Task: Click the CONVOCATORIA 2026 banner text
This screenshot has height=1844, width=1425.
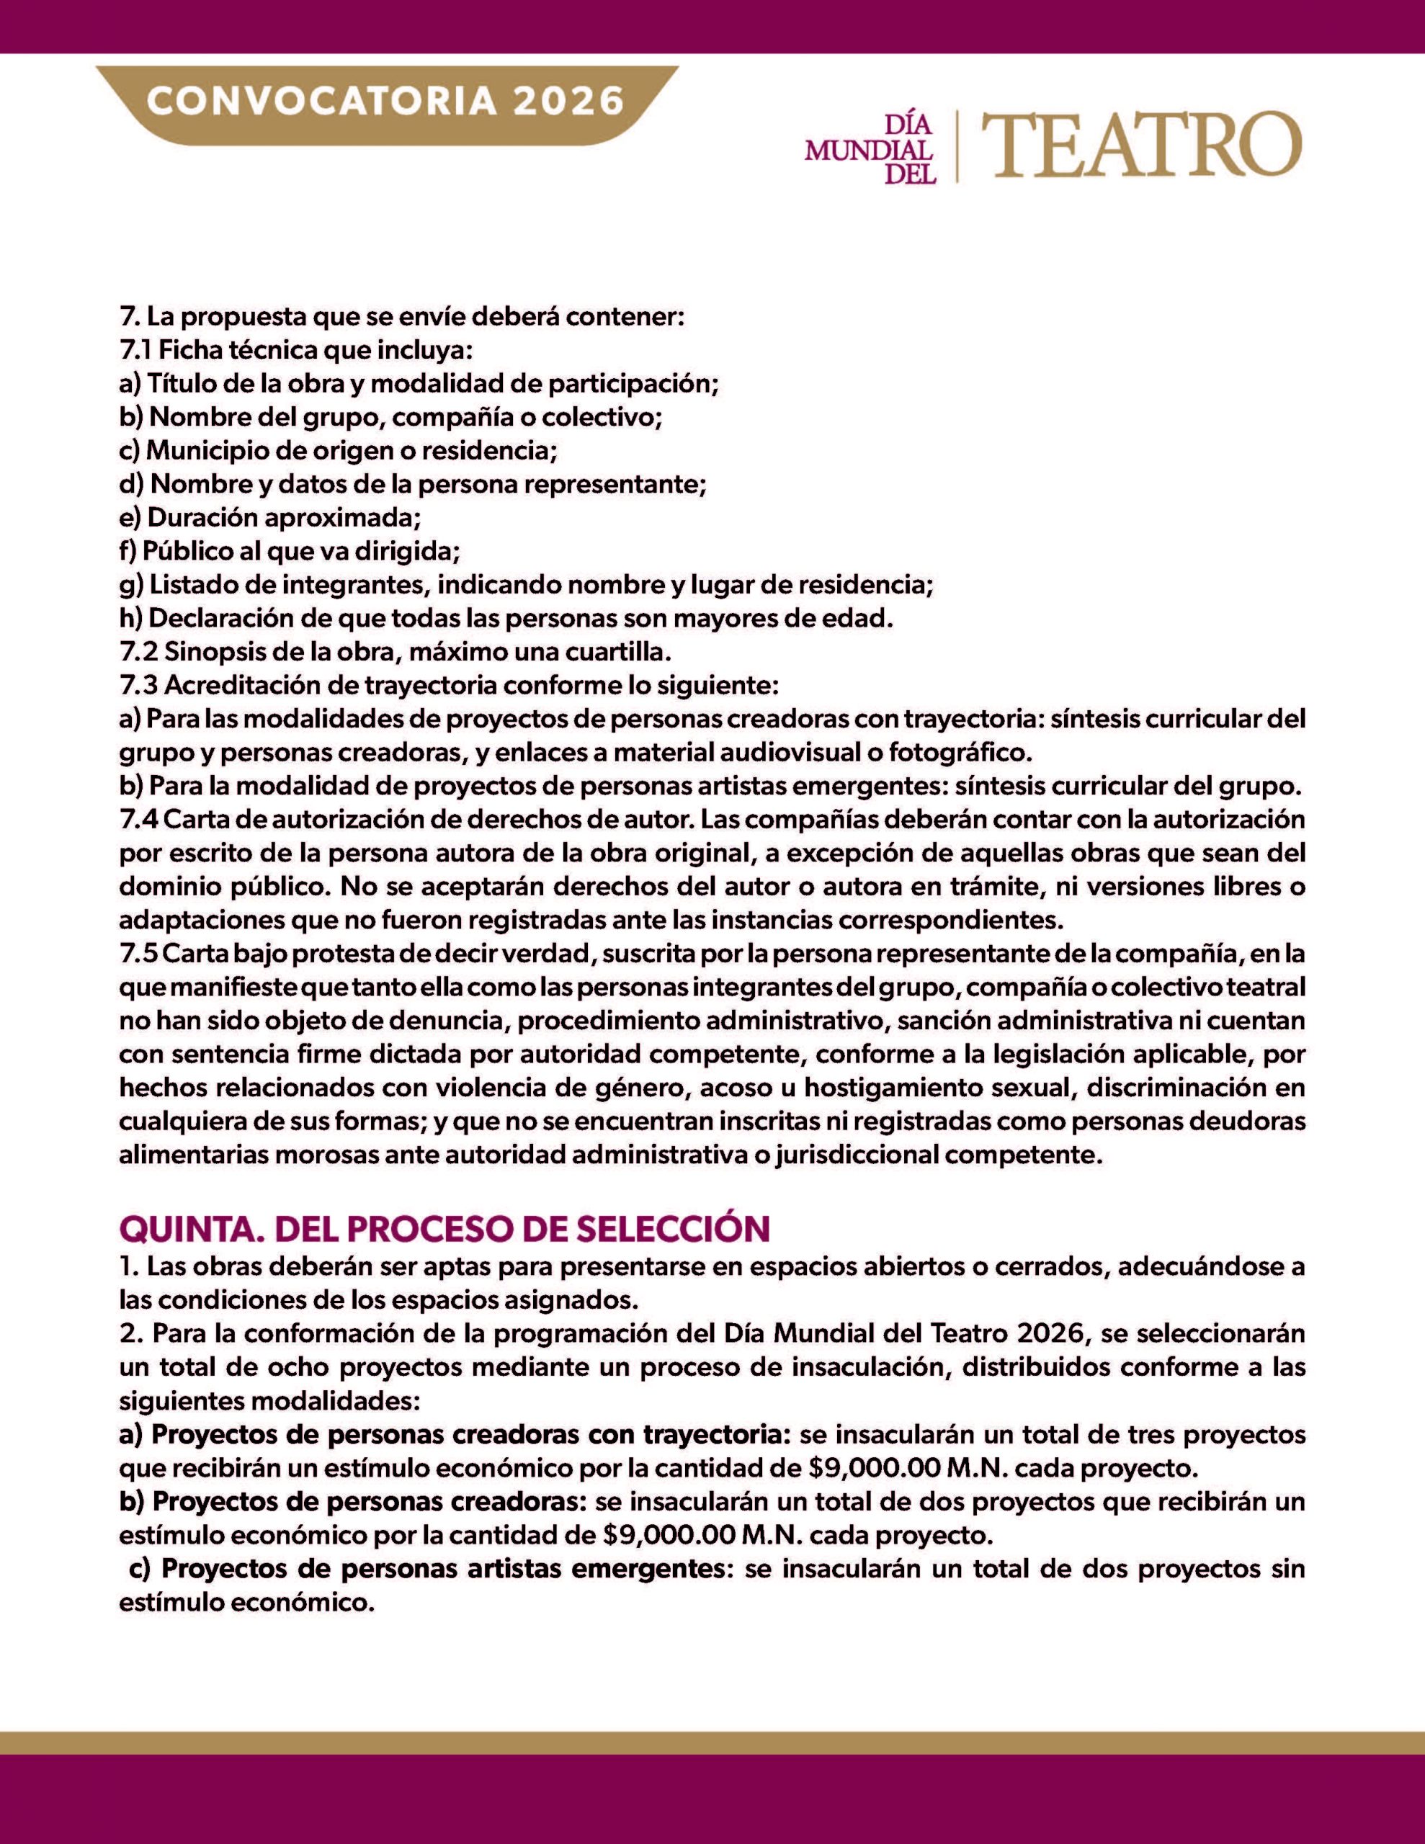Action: coord(385,102)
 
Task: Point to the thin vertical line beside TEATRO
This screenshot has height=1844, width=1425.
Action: coord(956,146)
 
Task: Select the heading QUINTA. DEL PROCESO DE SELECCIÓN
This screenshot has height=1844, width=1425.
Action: coord(445,1230)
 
